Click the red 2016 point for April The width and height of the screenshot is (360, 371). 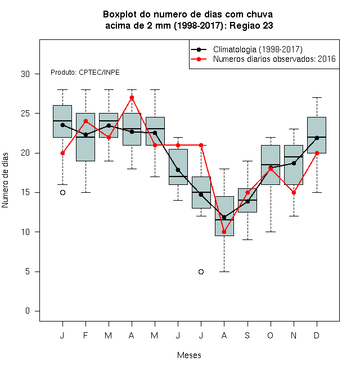point(132,97)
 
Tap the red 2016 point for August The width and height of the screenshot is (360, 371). point(224,232)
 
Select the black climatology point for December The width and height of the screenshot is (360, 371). point(317,138)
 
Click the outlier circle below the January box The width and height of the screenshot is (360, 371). point(62,193)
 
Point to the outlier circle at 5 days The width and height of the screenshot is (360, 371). point(201,272)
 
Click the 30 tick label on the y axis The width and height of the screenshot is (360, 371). point(25,74)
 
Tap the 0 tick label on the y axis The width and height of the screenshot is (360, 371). point(28,311)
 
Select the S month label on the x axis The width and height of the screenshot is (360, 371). point(247,335)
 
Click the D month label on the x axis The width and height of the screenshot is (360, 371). point(317,335)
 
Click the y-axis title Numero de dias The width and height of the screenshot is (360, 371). point(5,180)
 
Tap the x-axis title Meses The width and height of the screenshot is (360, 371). point(189,355)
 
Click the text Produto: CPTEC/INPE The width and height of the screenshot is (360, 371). point(85,73)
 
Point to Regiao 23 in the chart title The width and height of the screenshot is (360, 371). point(251,25)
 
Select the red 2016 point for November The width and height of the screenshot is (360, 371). point(294,193)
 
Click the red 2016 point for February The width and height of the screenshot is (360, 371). point(85,121)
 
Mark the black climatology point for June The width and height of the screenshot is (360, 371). point(178,170)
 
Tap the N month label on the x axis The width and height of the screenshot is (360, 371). point(294,335)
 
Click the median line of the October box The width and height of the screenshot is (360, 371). point(271,165)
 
